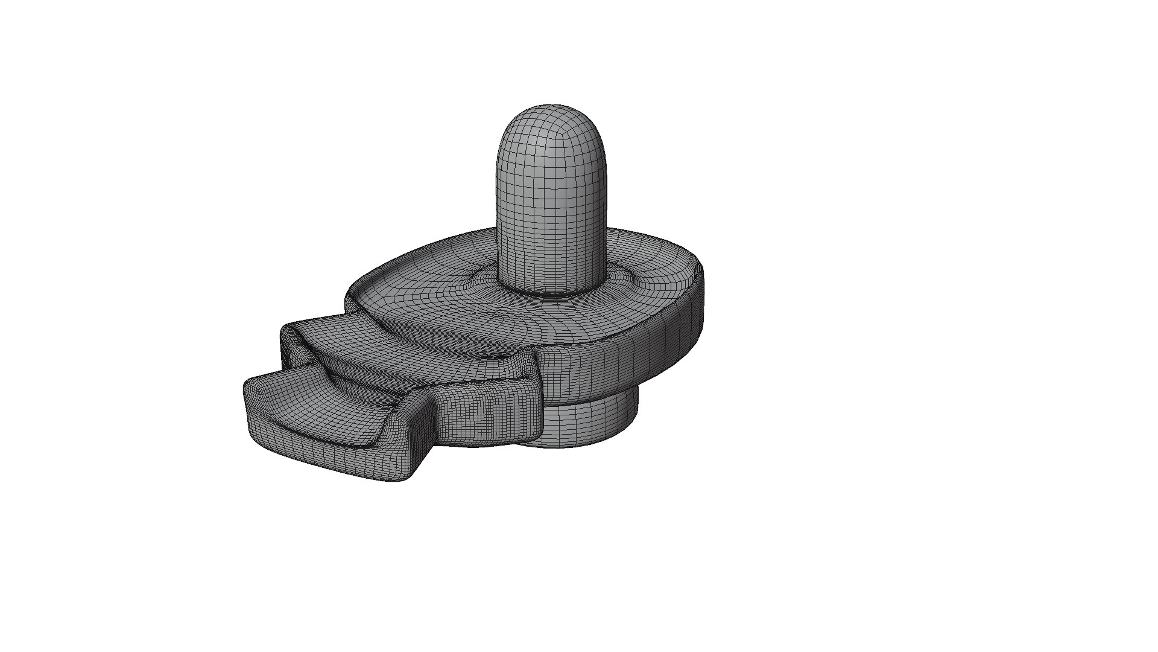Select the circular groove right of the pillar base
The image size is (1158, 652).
[627, 279]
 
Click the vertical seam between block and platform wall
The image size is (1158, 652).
[539, 392]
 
